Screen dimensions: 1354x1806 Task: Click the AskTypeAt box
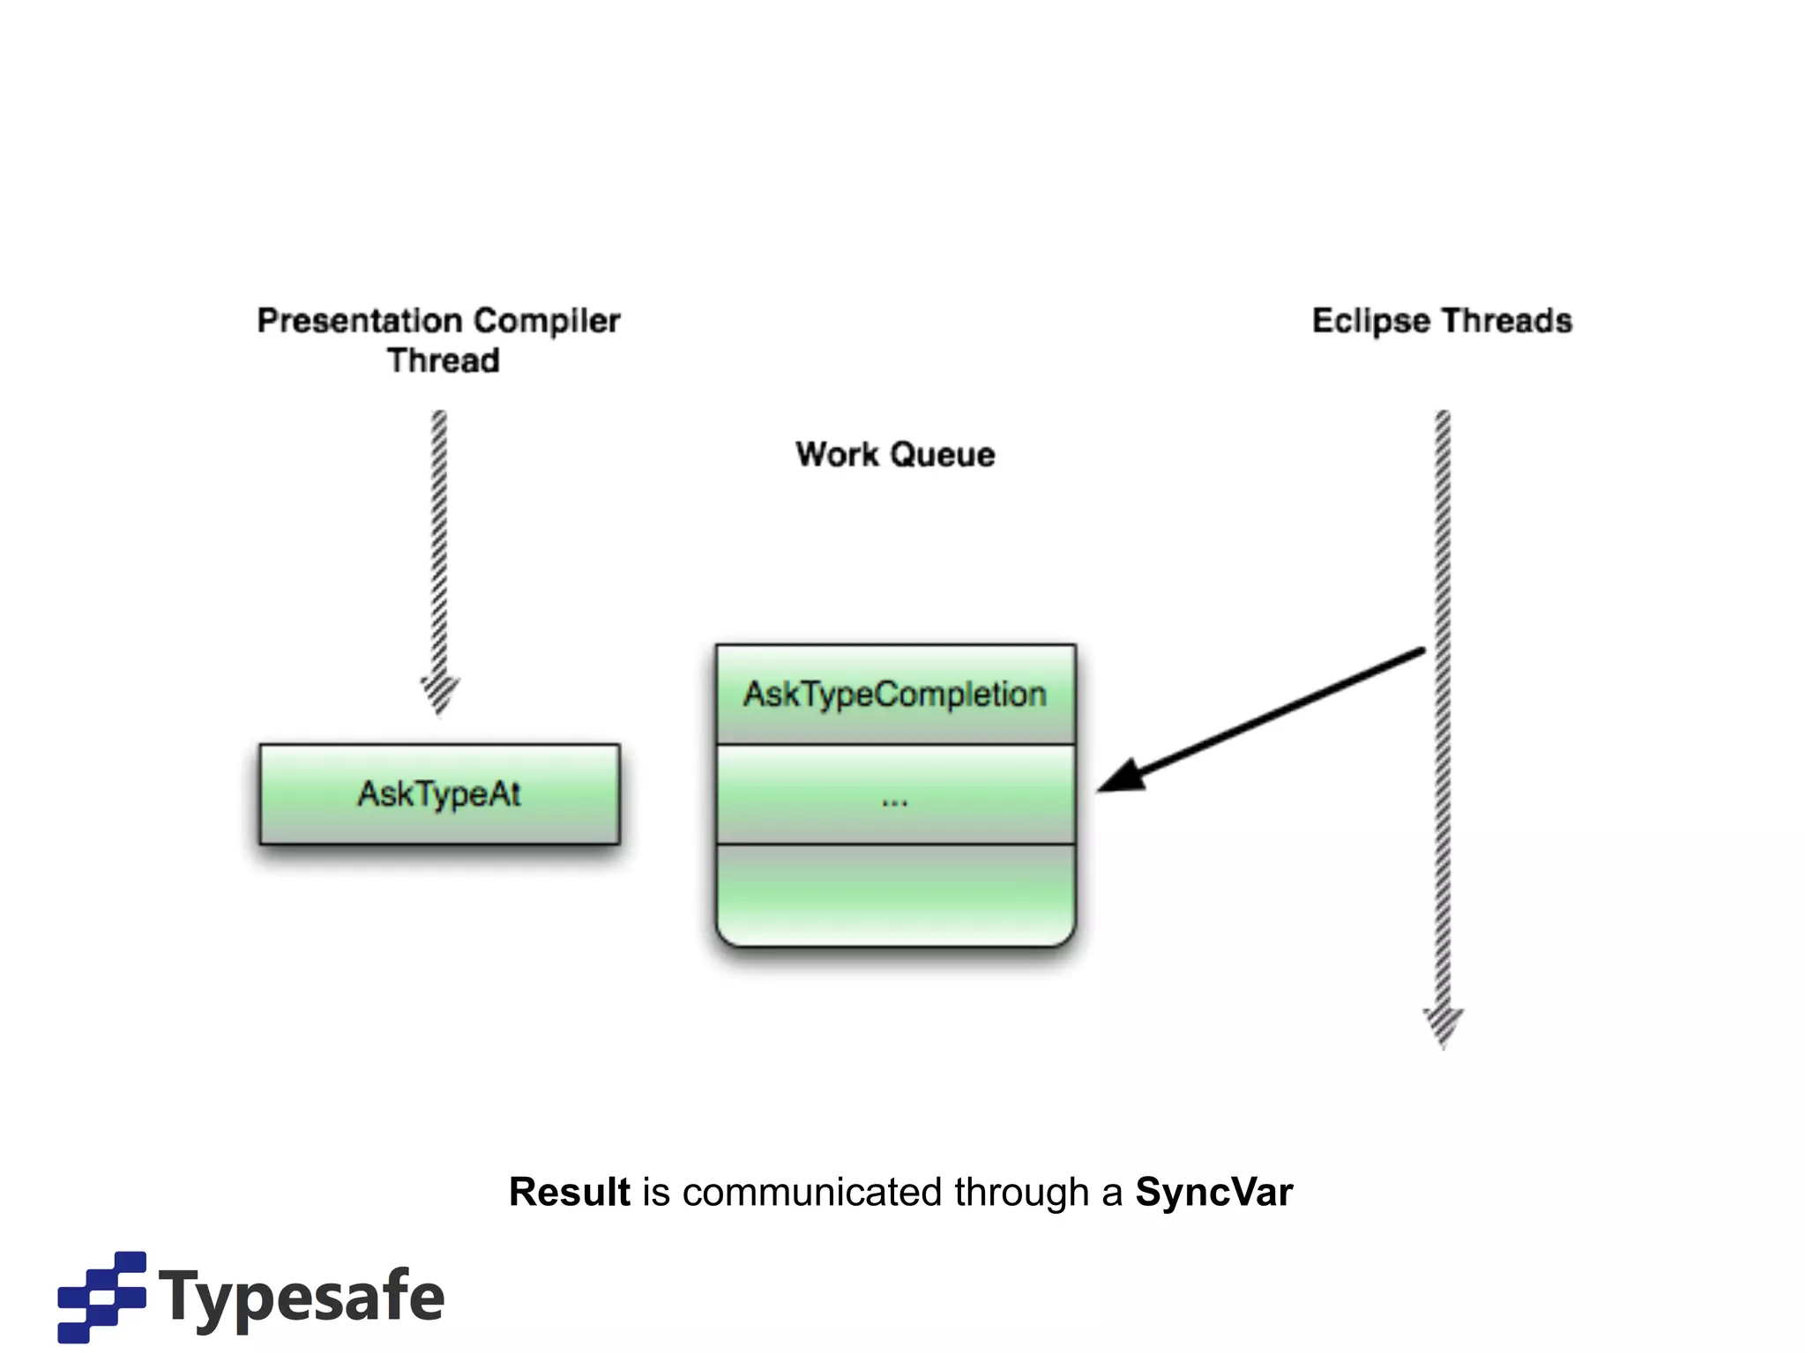click(439, 794)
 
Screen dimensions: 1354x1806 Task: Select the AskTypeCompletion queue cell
click(895, 695)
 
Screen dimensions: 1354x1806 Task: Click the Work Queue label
click(895, 455)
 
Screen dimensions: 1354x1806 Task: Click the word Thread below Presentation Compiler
click(443, 361)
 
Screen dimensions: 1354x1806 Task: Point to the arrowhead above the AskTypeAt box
click(439, 694)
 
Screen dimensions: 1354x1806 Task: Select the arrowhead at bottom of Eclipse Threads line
click(1443, 1026)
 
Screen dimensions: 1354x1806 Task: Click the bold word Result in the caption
click(570, 1192)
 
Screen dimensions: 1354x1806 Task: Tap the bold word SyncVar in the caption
click(1213, 1192)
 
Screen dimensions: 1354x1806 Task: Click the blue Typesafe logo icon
click(102, 1296)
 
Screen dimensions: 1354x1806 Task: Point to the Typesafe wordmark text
click(302, 1298)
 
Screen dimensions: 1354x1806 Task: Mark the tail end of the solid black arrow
click(1421, 652)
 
